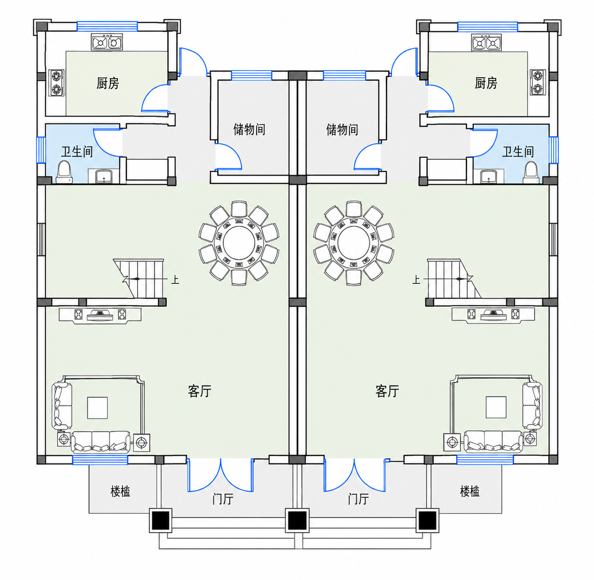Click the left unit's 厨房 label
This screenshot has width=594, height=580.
[x=108, y=83]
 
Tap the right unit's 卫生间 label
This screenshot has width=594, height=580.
[x=518, y=152]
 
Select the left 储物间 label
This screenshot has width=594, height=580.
[x=249, y=129]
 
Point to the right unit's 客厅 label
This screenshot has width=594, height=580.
[x=387, y=391]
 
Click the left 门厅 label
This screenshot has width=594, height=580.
[x=223, y=499]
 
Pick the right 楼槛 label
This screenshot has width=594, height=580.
[x=469, y=491]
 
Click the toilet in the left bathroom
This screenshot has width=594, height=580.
[x=65, y=172]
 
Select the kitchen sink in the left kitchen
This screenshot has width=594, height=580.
[x=107, y=42]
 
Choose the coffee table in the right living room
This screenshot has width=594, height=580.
[x=496, y=407]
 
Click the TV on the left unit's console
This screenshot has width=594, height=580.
[x=100, y=316]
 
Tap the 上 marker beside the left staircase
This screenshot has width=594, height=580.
[x=175, y=279]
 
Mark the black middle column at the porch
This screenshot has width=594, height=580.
[x=297, y=521]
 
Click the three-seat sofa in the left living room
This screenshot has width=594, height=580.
[x=101, y=442]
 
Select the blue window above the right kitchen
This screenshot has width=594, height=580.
[x=487, y=27]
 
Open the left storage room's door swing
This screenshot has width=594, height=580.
[x=228, y=156]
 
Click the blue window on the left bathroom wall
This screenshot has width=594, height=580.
[x=41, y=150]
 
